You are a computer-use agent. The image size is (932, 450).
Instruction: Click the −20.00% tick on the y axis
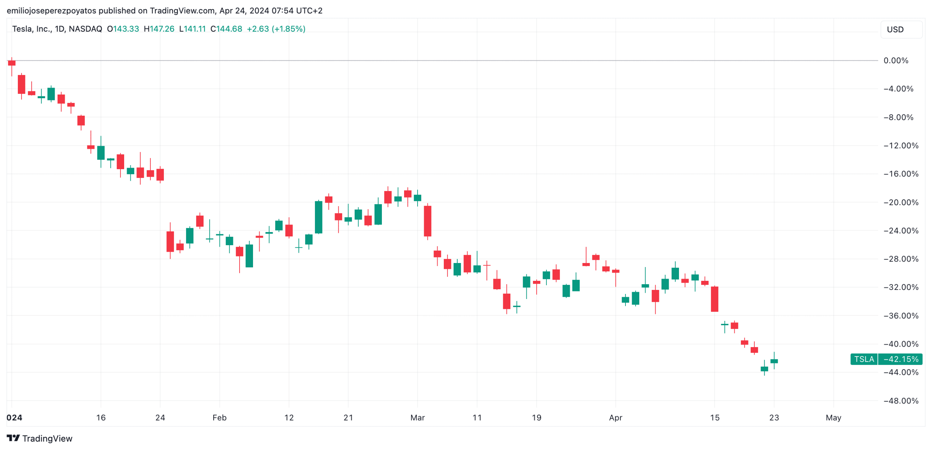click(x=901, y=202)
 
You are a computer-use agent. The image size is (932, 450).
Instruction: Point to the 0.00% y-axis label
click(x=896, y=60)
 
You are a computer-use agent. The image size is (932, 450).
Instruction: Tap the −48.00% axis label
click(x=901, y=401)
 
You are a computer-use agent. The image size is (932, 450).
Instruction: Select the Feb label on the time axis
click(x=219, y=417)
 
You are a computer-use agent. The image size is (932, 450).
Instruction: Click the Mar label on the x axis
click(x=417, y=417)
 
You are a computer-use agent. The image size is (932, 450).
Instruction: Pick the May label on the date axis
click(x=833, y=417)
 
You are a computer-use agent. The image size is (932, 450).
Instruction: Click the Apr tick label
click(x=615, y=417)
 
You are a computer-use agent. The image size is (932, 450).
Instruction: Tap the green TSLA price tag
click(x=864, y=359)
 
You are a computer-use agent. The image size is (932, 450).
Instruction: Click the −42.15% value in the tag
click(x=901, y=359)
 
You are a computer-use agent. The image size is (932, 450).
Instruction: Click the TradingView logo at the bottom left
click(x=39, y=438)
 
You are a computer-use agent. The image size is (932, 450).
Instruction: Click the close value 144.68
click(x=229, y=29)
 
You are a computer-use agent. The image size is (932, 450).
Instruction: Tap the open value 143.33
click(x=126, y=29)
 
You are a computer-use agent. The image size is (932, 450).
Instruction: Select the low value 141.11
click(x=194, y=29)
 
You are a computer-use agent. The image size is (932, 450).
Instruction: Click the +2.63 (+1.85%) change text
click(x=276, y=29)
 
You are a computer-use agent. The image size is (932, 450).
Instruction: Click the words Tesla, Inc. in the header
click(x=32, y=29)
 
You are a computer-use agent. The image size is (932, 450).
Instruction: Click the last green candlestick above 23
click(x=774, y=361)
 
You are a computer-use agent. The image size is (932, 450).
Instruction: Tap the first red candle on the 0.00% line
click(x=12, y=63)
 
